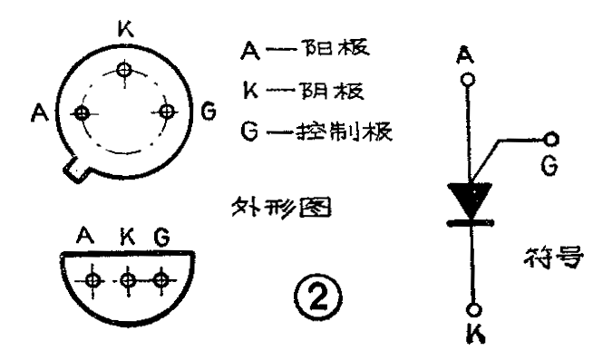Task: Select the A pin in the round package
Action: point(83,113)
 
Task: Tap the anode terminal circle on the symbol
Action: point(469,80)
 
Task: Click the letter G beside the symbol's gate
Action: point(548,167)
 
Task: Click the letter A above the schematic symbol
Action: point(469,54)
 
